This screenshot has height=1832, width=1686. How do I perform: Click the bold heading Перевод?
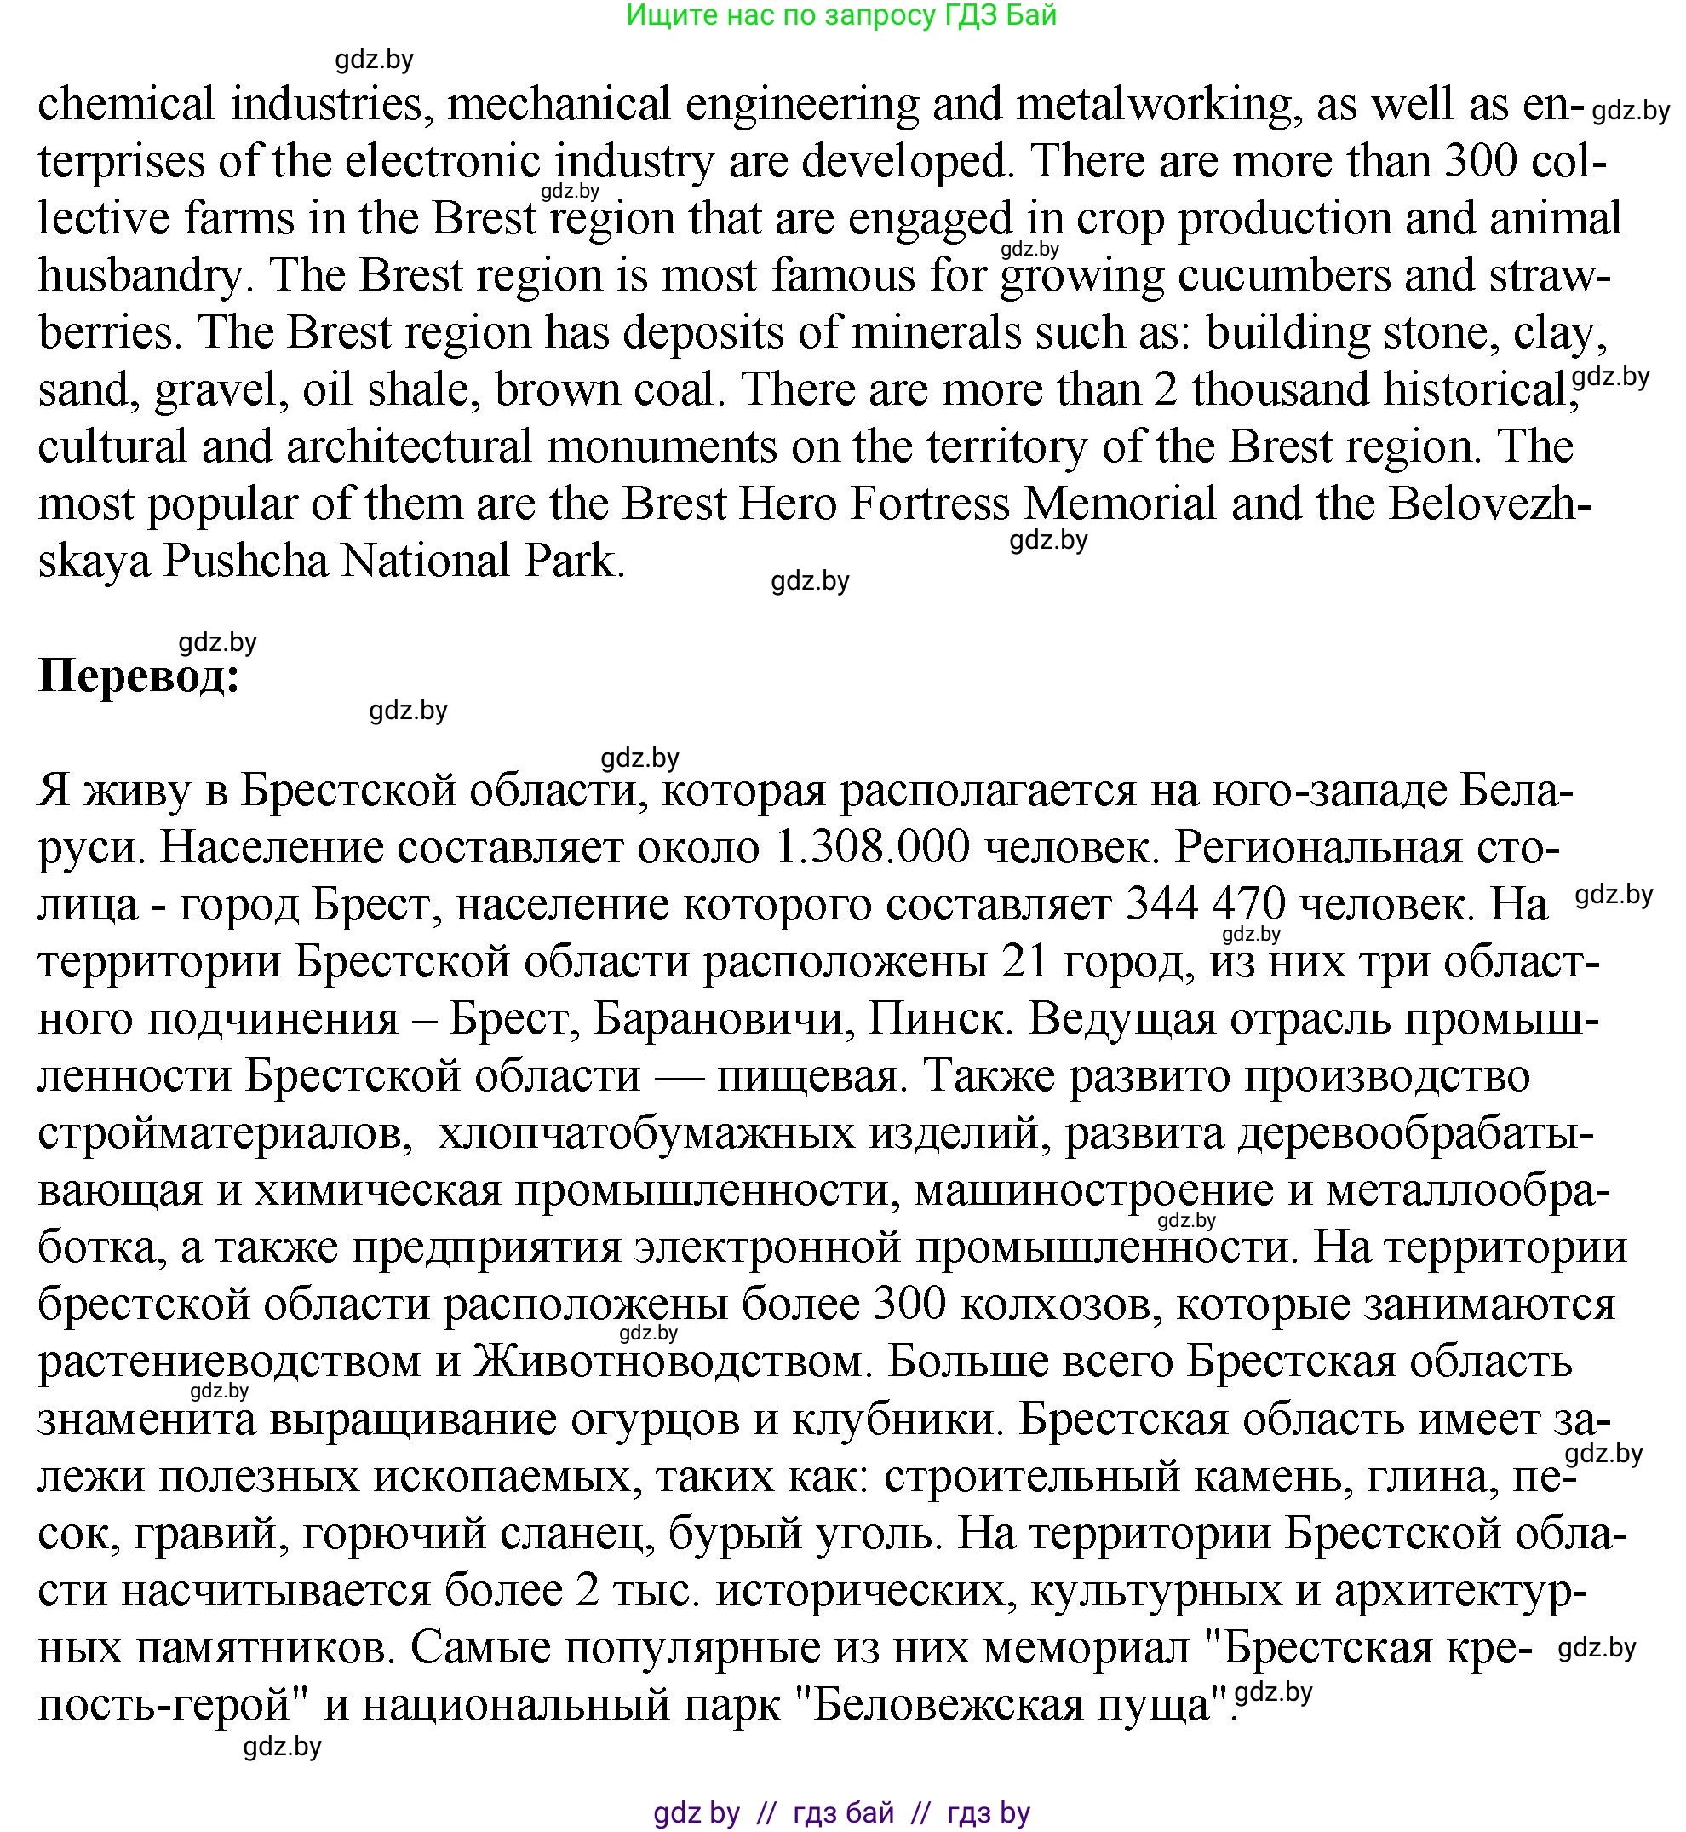pos(139,677)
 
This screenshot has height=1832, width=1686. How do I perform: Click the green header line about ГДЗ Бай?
pos(841,15)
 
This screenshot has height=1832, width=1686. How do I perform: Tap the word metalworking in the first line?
pos(1153,104)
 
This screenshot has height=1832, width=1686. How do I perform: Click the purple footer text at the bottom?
pos(841,1812)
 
